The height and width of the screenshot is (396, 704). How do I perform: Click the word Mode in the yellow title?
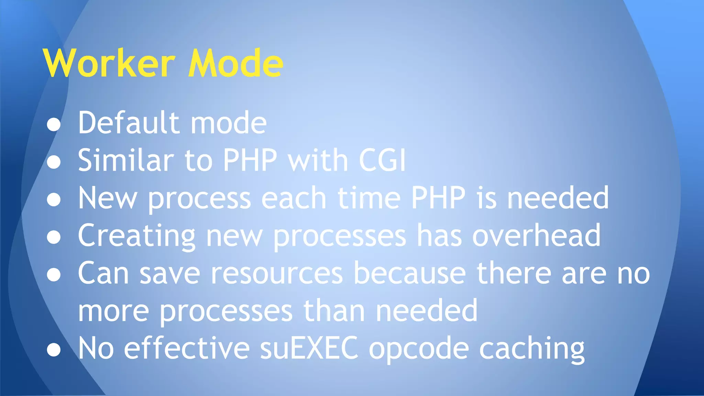click(235, 64)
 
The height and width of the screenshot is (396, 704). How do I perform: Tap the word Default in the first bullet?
click(129, 123)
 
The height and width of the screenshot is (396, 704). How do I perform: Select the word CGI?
click(382, 160)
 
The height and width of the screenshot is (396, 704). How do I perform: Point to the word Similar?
click(126, 160)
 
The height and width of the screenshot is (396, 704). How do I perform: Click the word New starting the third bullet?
click(108, 198)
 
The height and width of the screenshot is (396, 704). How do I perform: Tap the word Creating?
click(137, 236)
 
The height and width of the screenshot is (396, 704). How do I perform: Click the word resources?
click(277, 274)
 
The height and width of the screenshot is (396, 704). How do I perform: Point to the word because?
click(410, 274)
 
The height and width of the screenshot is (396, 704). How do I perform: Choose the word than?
click(334, 311)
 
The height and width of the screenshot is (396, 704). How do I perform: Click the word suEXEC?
click(309, 349)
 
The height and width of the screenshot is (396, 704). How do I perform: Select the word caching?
click(532, 349)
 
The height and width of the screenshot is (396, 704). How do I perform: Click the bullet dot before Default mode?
click(54, 124)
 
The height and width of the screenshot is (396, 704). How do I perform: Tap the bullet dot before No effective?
click(54, 350)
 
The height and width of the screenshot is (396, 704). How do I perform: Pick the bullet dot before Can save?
click(54, 275)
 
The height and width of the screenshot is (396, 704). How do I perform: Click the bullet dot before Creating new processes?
click(54, 237)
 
